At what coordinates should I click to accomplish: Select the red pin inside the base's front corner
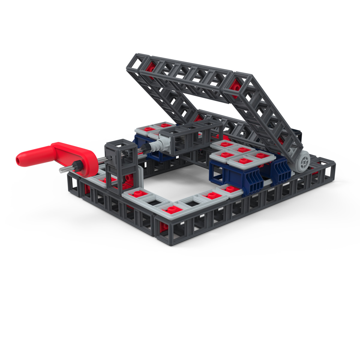tap(165, 227)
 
